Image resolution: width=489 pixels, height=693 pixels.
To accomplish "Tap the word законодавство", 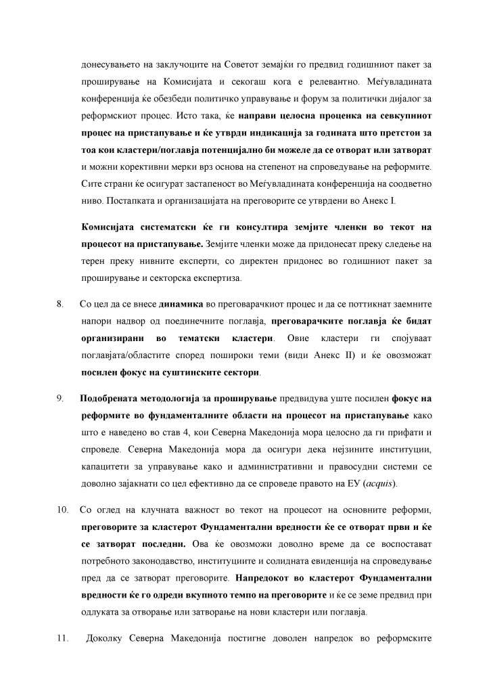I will click(x=159, y=561).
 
